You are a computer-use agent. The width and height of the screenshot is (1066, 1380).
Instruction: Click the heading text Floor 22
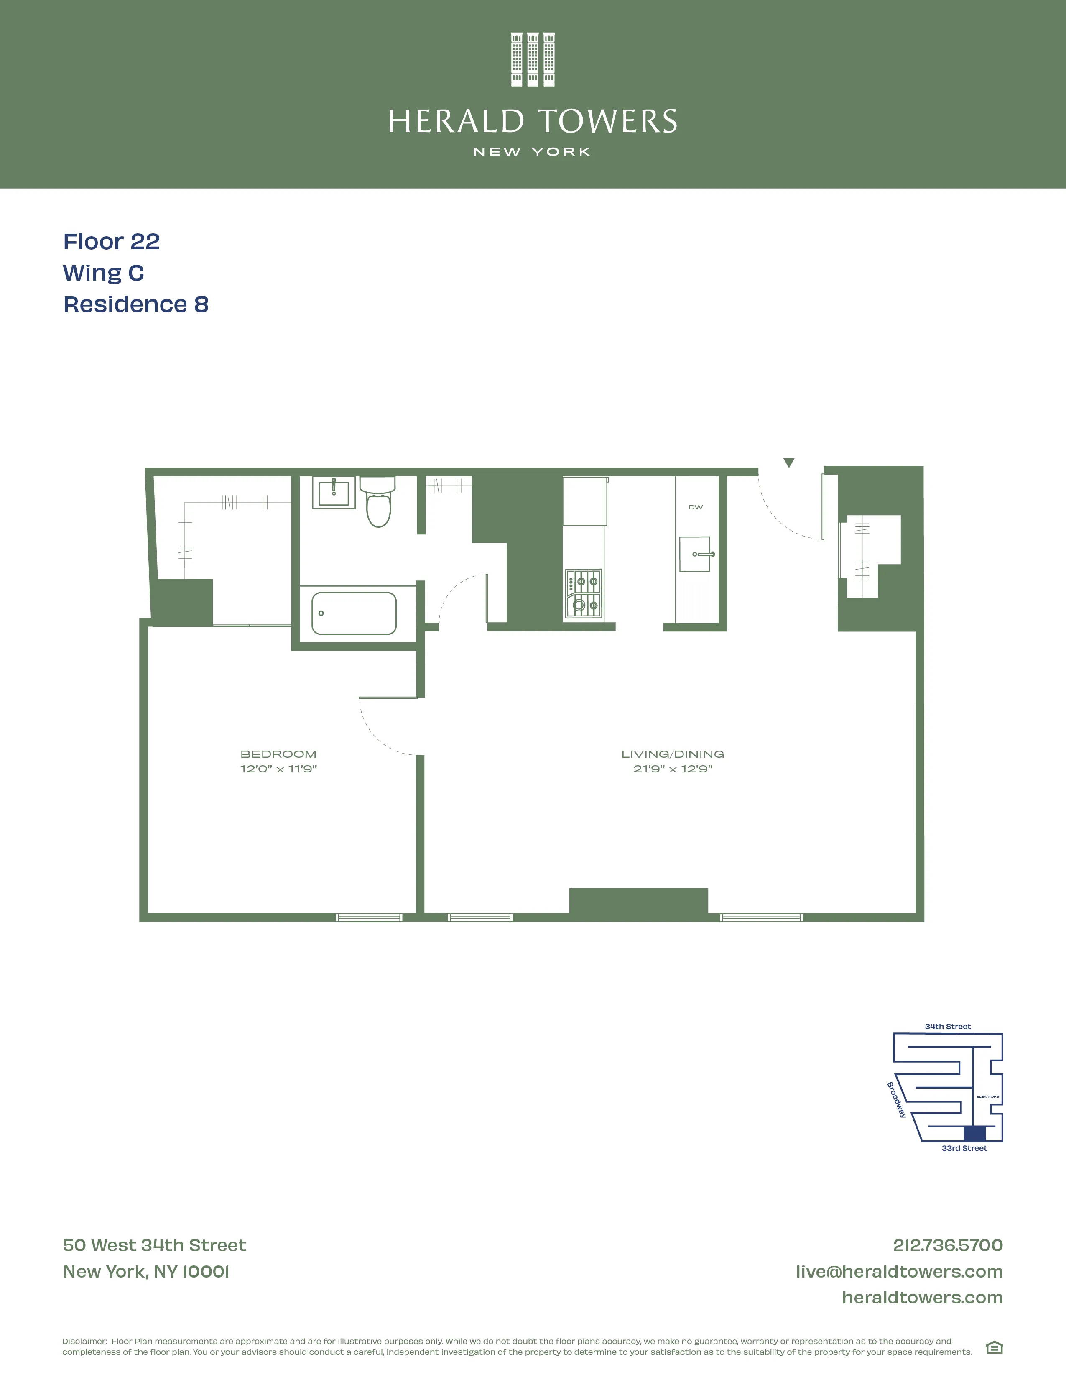pos(111,241)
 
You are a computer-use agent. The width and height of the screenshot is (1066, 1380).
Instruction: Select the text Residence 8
pos(136,304)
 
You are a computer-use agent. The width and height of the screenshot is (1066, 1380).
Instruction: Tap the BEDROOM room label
pos(278,754)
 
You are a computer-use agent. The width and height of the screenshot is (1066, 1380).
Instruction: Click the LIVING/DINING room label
pos(673,754)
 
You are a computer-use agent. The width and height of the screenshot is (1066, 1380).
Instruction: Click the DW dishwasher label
pos(695,507)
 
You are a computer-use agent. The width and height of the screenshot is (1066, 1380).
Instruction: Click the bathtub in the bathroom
pos(354,613)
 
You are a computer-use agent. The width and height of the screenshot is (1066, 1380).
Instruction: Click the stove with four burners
pos(583,594)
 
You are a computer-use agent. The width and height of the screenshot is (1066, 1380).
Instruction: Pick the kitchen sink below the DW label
pos(695,554)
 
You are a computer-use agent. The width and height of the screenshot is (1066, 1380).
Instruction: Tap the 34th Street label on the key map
pos(947,1027)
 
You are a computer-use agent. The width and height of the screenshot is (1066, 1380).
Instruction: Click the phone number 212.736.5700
pos(947,1245)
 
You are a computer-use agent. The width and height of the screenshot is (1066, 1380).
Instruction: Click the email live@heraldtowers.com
pos(899,1271)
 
